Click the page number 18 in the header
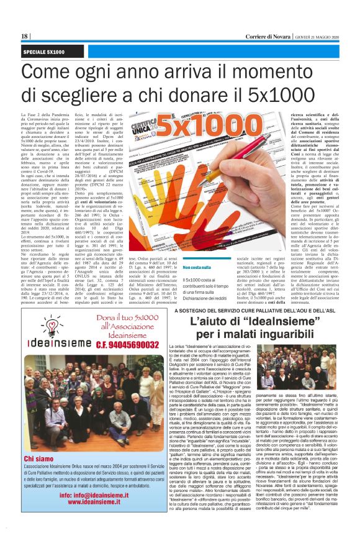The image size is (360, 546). pyautogui.click(x=24, y=37)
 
